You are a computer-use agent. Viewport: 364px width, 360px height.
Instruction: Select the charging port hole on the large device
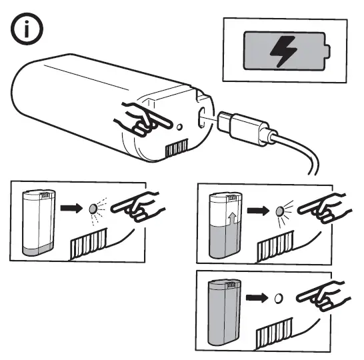(x=201, y=115)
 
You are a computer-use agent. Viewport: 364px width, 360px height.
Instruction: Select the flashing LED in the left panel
(x=94, y=209)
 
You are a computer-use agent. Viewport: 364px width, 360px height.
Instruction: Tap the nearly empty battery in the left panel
(x=39, y=222)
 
